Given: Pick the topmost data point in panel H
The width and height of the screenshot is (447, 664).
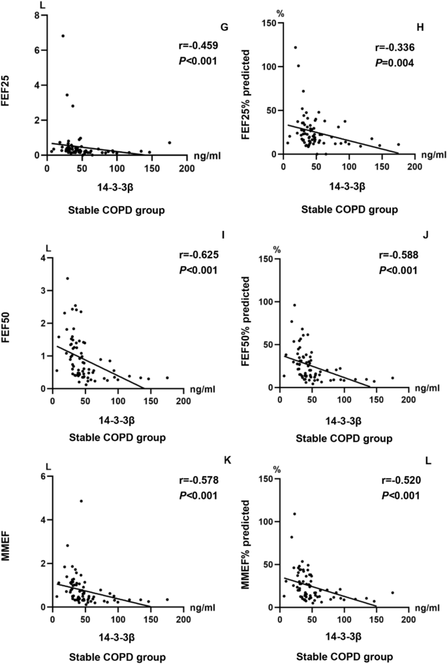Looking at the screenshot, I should [295, 48].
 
